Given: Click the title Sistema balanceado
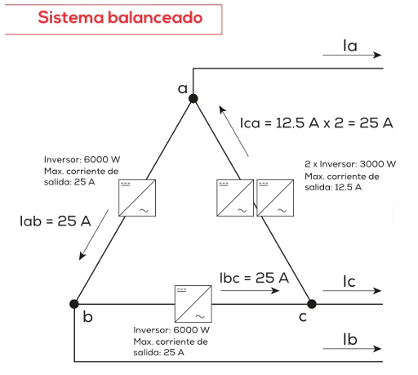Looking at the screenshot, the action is pyautogui.click(x=120, y=18).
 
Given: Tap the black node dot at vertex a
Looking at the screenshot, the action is pyautogui.click(x=193, y=98).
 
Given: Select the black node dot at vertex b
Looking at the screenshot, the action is pyautogui.click(x=74, y=304).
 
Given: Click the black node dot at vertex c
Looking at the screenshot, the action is pyautogui.click(x=312, y=304).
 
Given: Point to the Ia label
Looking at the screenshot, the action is pyautogui.click(x=350, y=46).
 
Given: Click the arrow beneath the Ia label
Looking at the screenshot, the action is pyautogui.click(x=352, y=55).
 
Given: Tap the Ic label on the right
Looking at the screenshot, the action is pyautogui.click(x=349, y=282).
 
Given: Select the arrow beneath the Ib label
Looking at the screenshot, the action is pyautogui.click(x=352, y=349).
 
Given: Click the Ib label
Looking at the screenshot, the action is pyautogui.click(x=350, y=339).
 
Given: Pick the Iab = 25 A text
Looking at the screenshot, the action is pyautogui.click(x=56, y=221).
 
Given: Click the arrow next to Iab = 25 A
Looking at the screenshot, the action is pyautogui.click(x=94, y=234).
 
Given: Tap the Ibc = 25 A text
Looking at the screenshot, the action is pyautogui.click(x=254, y=278).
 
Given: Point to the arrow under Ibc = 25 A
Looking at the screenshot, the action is pyautogui.click(x=250, y=291).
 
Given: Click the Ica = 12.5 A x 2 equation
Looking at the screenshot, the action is pyautogui.click(x=317, y=123).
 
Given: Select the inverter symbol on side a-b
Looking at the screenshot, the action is pyautogui.click(x=137, y=198).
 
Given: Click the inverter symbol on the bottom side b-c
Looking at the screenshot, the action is pyautogui.click(x=193, y=304).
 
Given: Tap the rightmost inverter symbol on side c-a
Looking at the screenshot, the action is pyautogui.click(x=275, y=198).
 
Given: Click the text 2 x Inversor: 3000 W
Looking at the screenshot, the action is pyautogui.click(x=350, y=164).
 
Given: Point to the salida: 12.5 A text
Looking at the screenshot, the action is pyautogui.click(x=333, y=187).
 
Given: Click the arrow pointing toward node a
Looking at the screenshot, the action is pyautogui.click(x=234, y=131).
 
